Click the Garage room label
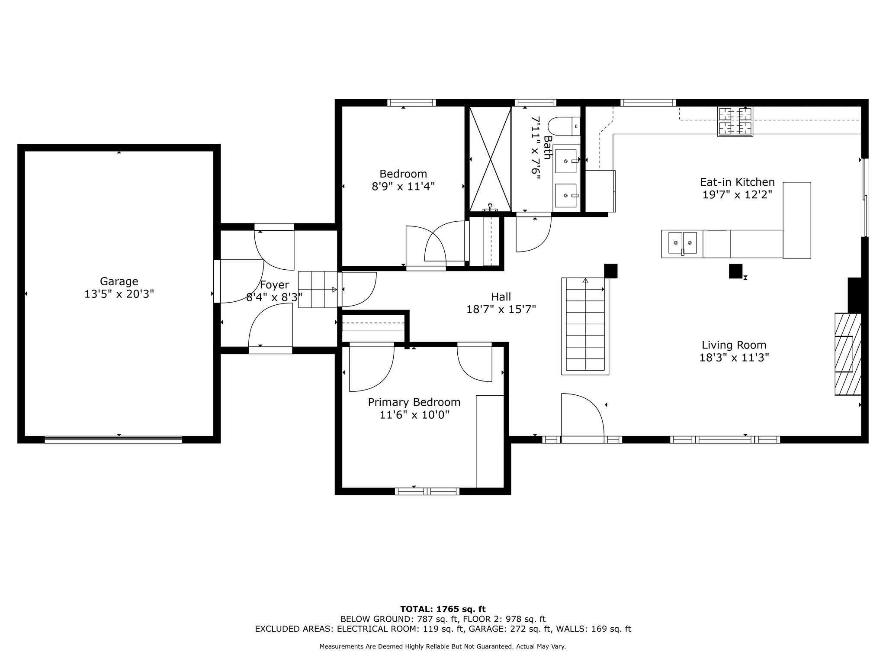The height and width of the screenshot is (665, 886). point(119,281)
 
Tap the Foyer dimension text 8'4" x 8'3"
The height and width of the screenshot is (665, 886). point(274,297)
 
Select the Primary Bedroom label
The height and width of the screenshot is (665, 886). point(414,402)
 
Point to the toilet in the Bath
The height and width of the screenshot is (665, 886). point(564,126)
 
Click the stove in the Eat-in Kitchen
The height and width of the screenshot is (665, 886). point(735,121)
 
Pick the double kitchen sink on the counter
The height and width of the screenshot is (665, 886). point(682,243)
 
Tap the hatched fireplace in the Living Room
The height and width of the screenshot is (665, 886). point(848,354)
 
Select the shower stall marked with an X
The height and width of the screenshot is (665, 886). point(490,159)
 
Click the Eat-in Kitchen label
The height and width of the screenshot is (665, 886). point(737,182)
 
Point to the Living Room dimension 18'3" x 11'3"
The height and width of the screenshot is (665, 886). point(734,358)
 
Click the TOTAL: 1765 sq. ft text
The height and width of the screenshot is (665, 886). point(443,609)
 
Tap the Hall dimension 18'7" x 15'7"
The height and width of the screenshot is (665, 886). point(501,309)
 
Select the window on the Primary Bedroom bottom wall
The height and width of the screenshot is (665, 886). point(427,491)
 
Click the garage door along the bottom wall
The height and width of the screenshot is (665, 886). point(113,439)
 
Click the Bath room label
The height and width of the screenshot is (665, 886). point(548,148)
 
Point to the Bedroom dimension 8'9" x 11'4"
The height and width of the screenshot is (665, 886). point(403,187)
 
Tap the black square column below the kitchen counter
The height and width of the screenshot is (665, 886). point(735,271)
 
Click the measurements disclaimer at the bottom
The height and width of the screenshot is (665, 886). point(443,646)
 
